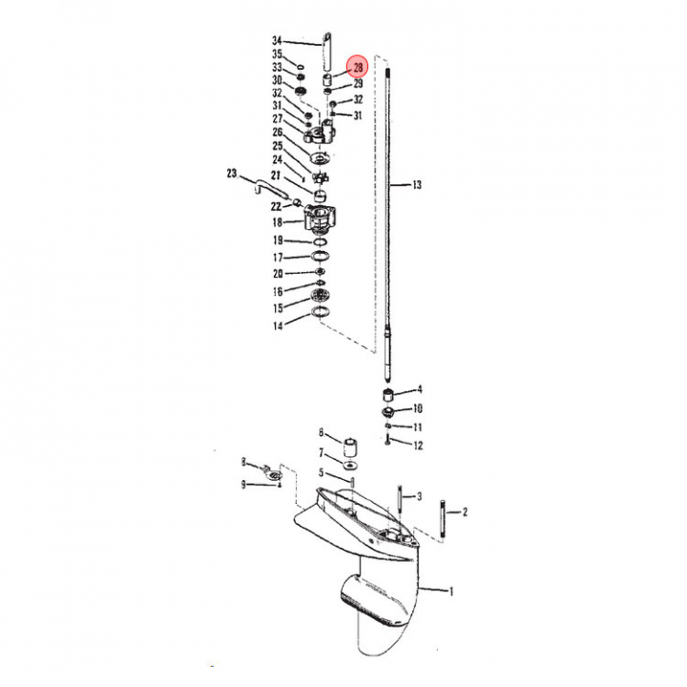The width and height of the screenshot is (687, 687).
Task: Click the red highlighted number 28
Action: point(358,67)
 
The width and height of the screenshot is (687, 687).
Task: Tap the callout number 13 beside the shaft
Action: point(417,185)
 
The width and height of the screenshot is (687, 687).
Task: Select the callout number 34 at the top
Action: point(277,41)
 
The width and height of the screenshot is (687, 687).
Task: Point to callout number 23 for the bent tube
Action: point(232,174)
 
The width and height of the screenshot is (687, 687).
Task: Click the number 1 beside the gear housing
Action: point(451,592)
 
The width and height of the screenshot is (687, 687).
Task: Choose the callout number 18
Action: point(277,222)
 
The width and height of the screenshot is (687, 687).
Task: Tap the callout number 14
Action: point(278,325)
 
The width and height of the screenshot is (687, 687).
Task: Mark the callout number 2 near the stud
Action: point(465,511)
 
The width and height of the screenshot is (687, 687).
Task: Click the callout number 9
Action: point(243,485)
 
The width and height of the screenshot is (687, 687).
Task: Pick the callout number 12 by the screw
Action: point(418,446)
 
